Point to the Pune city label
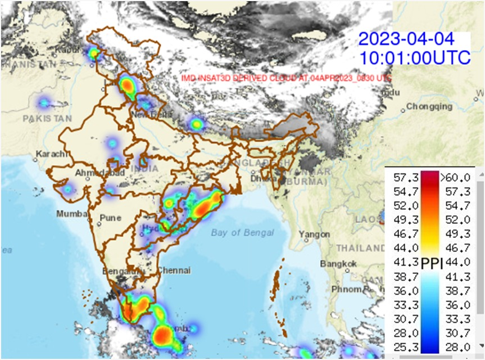coord(110,218)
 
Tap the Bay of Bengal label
coord(243,232)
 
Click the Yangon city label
coord(310,234)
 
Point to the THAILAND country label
coord(360,248)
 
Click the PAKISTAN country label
coord(48,118)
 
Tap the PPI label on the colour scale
coord(432,262)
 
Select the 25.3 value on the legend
coord(403,346)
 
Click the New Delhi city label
coord(147,115)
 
